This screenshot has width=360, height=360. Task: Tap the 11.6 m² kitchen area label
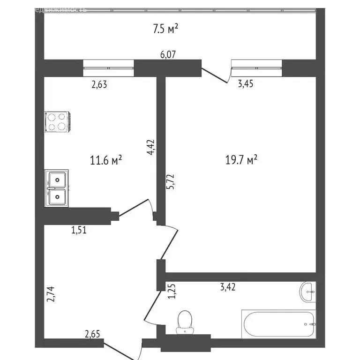pos(106,161)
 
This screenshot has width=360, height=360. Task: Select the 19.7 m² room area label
pos(242,161)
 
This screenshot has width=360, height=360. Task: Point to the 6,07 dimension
pos(168,55)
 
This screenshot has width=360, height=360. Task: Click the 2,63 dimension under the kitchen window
pos(99,84)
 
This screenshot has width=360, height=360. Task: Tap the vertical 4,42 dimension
pos(150,147)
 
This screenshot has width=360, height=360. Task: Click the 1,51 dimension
pos(79,230)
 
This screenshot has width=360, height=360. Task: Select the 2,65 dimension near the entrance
pos(92,334)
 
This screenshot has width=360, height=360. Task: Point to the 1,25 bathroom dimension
pos(171,292)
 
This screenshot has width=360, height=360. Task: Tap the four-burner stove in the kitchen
pos(57,121)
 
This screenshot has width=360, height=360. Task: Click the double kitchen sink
pos(57,188)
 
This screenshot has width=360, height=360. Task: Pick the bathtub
pos(279,324)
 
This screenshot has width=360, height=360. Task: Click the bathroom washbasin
pos(308,292)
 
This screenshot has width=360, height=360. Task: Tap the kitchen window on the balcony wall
pos(108,67)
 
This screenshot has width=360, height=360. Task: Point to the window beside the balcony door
pos(257,67)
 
